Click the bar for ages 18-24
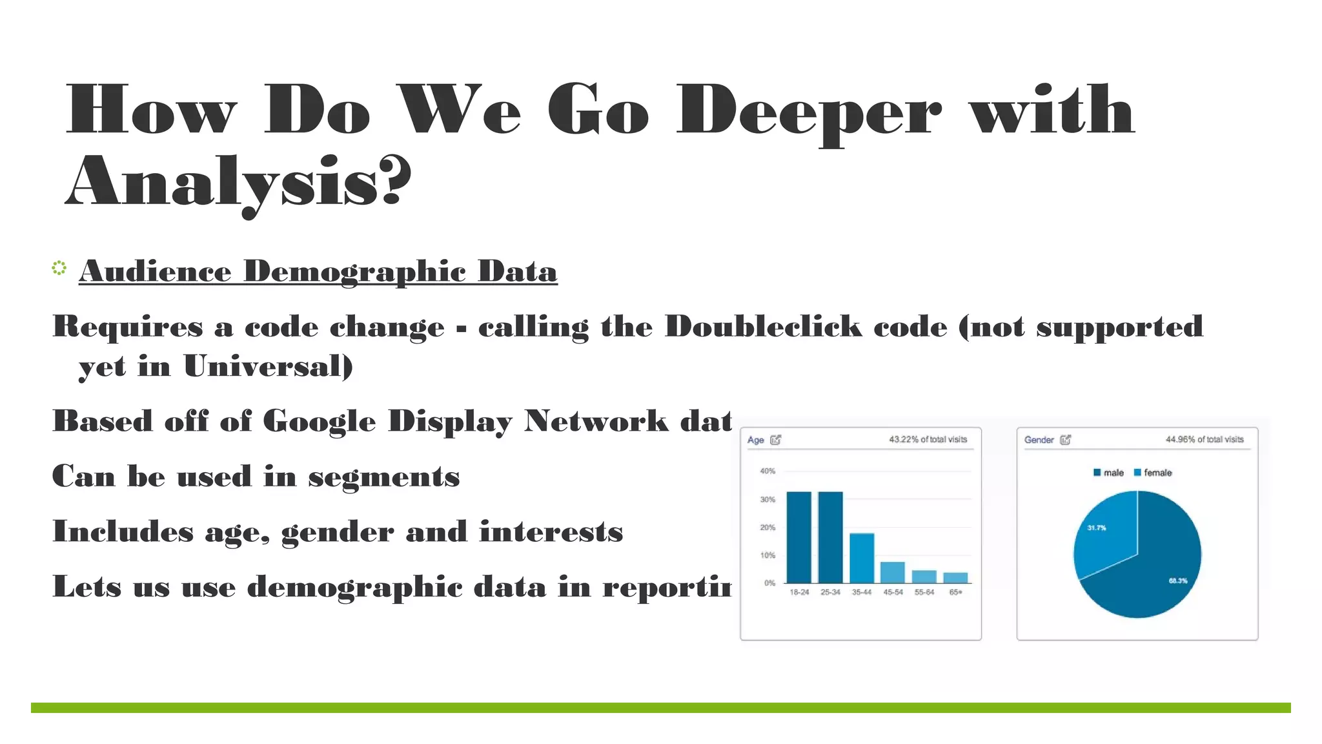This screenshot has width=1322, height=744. [798, 537]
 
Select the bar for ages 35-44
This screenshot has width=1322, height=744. [862, 558]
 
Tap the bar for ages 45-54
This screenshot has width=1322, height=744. [893, 572]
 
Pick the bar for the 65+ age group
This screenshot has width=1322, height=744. [955, 577]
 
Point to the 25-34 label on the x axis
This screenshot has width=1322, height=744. [830, 592]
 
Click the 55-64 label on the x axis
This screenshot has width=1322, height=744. [924, 592]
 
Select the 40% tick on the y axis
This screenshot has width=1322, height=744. [768, 471]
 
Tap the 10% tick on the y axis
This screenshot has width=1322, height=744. [768, 555]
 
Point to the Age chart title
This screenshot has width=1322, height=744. [755, 440]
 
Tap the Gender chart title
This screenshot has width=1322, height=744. [1039, 440]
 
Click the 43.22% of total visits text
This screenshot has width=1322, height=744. [928, 439]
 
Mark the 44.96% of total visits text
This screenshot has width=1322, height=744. [1205, 439]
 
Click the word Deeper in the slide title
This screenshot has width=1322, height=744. [808, 111]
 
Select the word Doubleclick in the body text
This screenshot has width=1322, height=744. [763, 327]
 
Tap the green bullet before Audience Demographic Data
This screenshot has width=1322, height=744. [59, 268]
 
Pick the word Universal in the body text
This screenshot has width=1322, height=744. [268, 367]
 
